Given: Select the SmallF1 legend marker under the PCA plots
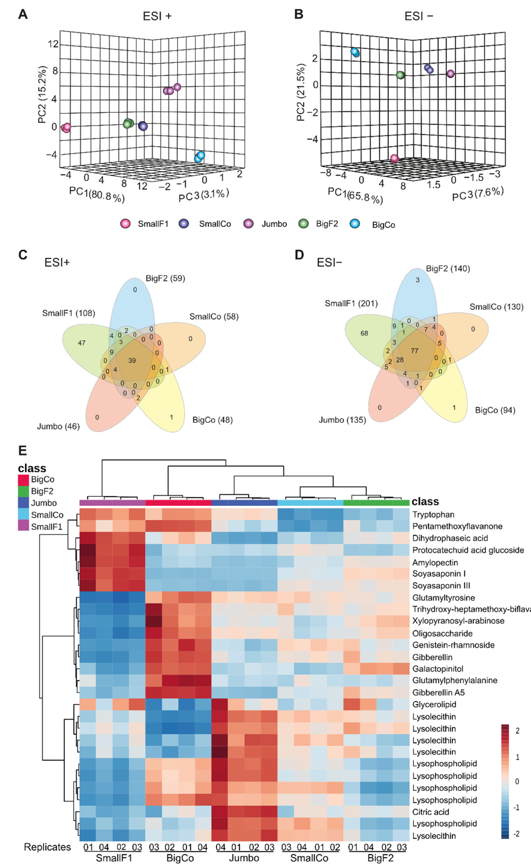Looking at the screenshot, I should click(125, 223).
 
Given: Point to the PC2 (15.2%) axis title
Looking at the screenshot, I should click(42, 94).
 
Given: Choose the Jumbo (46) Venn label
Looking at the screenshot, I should click(58, 426).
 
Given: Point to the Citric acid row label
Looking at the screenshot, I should click(431, 812).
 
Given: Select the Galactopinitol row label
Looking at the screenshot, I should click(438, 669).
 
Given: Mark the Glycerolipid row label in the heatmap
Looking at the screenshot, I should click(434, 704).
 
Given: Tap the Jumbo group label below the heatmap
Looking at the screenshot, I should click(244, 858).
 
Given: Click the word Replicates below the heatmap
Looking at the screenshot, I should click(47, 847).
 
